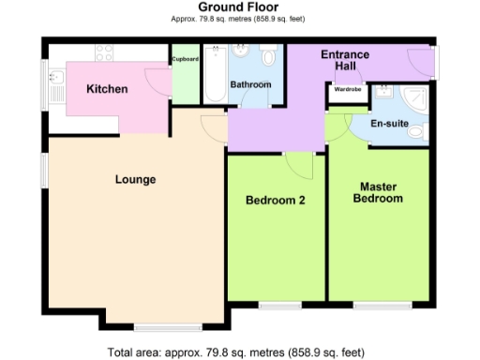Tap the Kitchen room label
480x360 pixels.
click(107, 89)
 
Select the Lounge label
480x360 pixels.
click(135, 179)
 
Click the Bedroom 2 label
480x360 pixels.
click(275, 200)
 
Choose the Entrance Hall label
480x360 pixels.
click(345, 61)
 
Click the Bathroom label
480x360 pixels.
click(251, 85)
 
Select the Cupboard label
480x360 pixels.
click(185, 59)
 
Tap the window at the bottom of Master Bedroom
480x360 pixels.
click(382, 305)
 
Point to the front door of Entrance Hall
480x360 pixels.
click(427, 62)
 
